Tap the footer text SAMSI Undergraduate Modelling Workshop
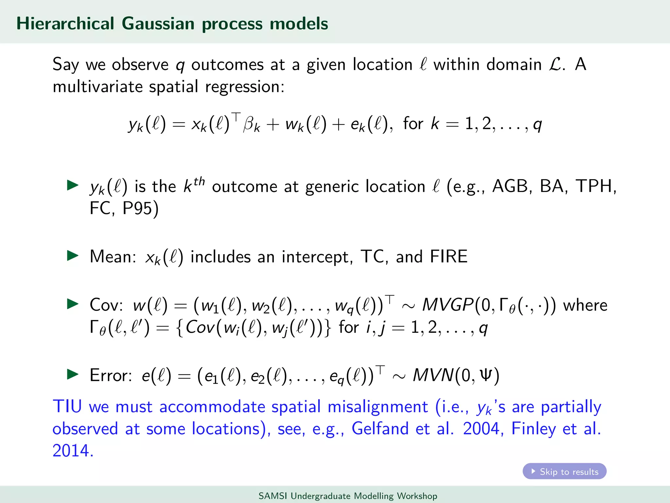348,496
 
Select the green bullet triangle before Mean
72,255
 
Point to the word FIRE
449,256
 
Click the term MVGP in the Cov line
448,305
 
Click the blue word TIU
67,406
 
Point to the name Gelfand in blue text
380,429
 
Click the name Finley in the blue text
533,429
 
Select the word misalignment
378,406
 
